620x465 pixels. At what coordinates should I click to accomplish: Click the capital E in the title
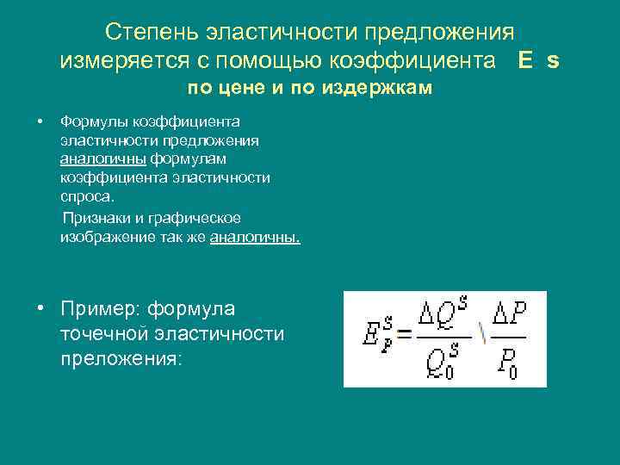tap(525, 60)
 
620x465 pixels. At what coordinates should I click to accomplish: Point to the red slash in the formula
tap(484, 336)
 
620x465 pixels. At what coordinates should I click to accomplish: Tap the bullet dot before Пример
tap(41, 308)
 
